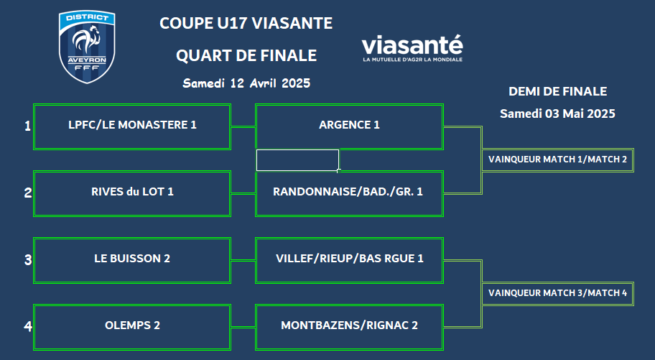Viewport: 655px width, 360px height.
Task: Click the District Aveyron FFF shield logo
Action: tap(87, 47)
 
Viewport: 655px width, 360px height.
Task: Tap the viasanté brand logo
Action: tap(412, 48)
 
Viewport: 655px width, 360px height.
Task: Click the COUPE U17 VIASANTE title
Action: tap(246, 23)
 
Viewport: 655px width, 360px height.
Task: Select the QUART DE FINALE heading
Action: tap(246, 55)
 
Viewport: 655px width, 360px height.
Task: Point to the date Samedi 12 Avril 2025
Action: tap(246, 83)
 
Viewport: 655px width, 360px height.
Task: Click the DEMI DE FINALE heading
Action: tap(557, 91)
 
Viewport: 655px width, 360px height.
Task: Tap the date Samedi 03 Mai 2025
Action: tap(557, 114)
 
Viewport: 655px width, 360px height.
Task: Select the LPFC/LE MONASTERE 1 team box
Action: tap(132, 126)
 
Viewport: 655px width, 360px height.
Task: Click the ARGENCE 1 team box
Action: tap(349, 126)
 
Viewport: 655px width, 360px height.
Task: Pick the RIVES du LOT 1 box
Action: tap(132, 193)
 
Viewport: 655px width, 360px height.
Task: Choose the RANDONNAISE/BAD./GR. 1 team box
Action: tap(349, 193)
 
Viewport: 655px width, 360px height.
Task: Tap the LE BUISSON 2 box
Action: tap(132, 261)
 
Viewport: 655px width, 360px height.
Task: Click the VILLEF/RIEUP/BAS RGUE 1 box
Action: tap(349, 261)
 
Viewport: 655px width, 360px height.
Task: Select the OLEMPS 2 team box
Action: tap(132, 328)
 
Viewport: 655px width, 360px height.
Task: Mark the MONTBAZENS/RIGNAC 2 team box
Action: tap(349, 328)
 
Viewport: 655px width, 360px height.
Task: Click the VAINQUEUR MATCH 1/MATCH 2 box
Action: tap(557, 160)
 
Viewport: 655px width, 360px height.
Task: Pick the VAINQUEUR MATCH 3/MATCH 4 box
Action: tap(557, 294)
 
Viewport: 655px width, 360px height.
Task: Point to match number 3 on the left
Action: tap(27, 260)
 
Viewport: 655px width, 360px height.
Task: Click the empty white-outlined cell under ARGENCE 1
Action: tap(297, 160)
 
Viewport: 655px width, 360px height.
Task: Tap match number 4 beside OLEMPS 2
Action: tap(27, 326)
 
